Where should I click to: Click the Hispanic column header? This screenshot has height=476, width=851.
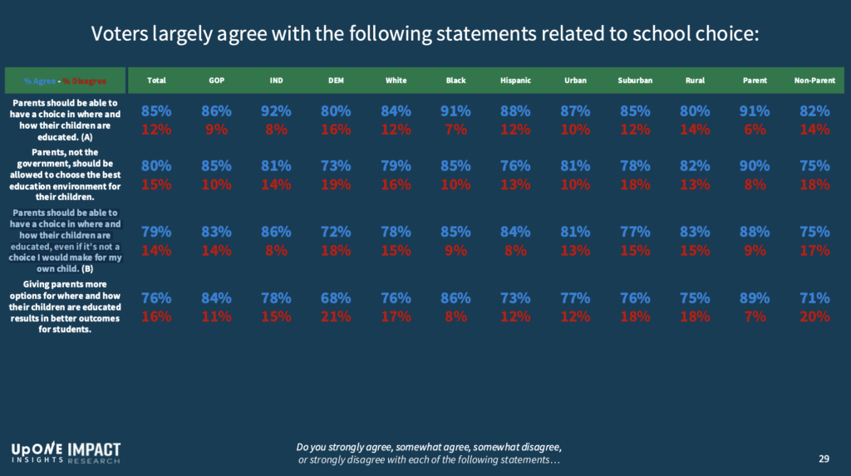pos(515,81)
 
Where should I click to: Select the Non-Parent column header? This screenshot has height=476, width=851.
pos(814,81)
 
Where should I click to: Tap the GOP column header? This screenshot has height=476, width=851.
pos(216,81)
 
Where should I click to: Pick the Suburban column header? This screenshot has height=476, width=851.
pos(635,81)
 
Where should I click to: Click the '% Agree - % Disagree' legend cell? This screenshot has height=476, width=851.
pos(66,81)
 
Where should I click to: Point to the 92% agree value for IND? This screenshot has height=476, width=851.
pos(276,111)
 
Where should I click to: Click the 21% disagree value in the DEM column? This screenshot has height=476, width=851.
pos(336,317)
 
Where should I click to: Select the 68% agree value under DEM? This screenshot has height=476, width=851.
pos(336,298)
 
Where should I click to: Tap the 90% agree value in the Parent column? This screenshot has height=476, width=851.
pos(755,165)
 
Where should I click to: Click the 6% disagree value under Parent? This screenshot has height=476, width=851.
pos(755,130)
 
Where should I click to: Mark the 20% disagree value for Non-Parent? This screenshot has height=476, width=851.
pos(814,317)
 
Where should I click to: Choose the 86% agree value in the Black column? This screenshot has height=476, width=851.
pos(455,298)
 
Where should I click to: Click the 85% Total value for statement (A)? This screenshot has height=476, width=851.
pos(156,111)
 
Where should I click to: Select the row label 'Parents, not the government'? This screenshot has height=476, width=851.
pos(65,175)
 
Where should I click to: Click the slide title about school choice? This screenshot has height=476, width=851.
pos(425,34)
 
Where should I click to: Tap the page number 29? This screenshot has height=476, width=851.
pos(824,459)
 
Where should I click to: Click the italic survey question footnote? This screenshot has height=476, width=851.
pos(429,454)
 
